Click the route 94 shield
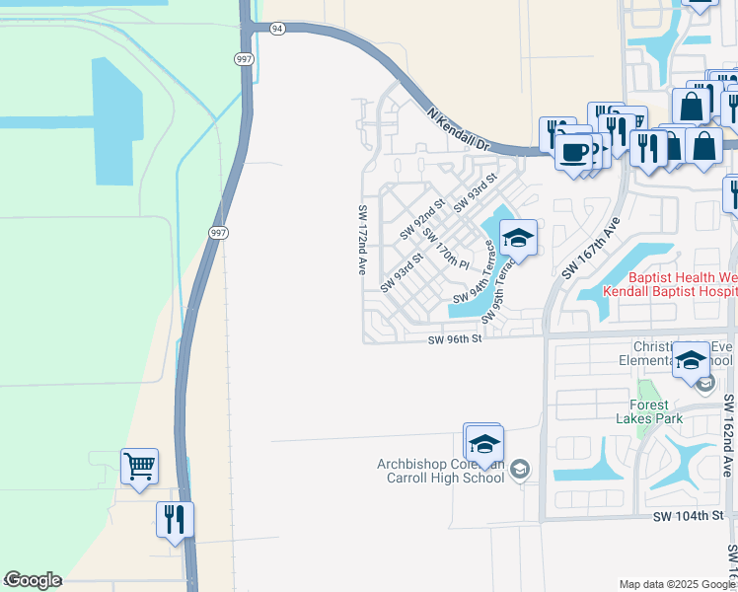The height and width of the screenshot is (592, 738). (x=277, y=29)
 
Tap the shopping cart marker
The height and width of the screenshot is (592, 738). (x=139, y=466)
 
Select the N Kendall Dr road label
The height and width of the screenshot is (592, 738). (x=459, y=129)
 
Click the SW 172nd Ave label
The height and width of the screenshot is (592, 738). (x=363, y=240)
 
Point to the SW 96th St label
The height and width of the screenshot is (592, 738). (x=455, y=339)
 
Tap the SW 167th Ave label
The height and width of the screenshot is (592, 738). (x=589, y=246)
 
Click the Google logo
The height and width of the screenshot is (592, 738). (x=33, y=580)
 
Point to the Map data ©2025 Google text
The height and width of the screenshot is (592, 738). (x=677, y=584)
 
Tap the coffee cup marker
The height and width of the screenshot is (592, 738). (x=573, y=152)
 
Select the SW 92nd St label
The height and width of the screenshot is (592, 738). (x=422, y=222)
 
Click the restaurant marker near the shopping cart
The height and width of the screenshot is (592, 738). (x=175, y=519)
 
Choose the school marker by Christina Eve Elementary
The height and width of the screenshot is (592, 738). (x=692, y=361)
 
